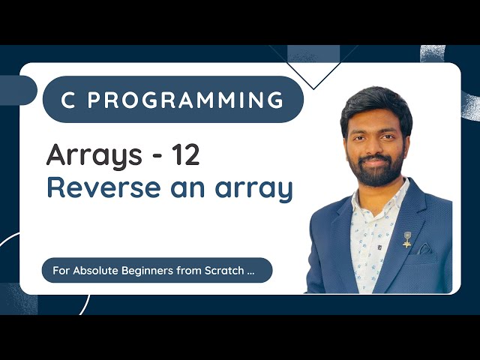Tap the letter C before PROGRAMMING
coord(67,100)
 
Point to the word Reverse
coord(97,187)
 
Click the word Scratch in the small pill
coord(223,270)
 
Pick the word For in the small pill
coord(61,270)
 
